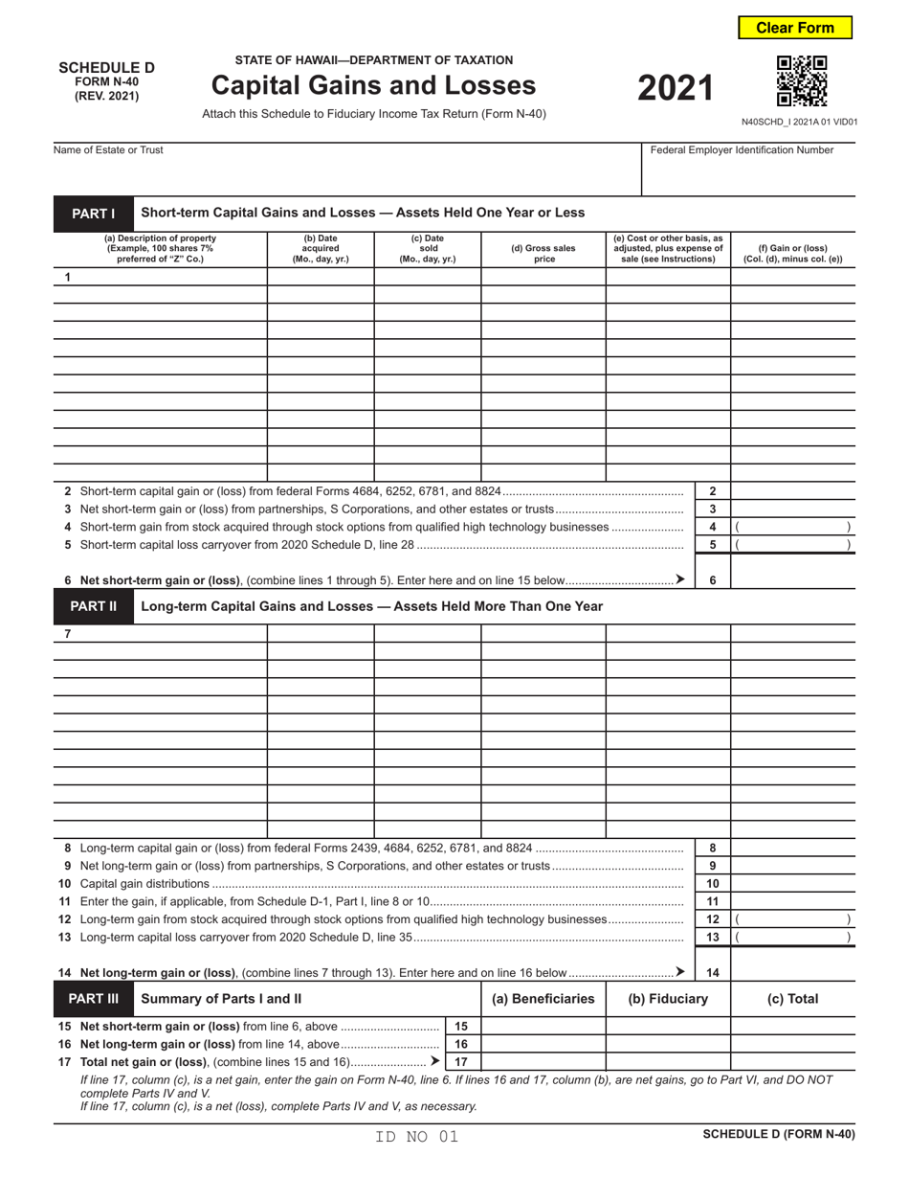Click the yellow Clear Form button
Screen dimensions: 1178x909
point(794,28)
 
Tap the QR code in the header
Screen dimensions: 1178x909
point(802,81)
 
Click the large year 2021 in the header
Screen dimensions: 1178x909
point(676,88)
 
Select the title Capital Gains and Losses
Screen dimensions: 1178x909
point(373,86)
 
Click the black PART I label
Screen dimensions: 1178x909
point(93,213)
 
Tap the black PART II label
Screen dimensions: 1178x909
point(93,606)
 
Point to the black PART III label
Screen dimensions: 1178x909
point(93,999)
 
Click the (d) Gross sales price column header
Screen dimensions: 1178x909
point(543,253)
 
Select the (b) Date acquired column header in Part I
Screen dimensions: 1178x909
point(321,249)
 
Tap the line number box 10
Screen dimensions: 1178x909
point(713,884)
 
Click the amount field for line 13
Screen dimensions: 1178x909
point(792,938)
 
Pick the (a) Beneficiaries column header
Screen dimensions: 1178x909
point(543,999)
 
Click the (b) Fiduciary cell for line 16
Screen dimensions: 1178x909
point(668,1044)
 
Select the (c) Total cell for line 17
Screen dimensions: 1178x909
point(792,1061)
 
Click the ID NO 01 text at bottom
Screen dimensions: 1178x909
point(417,1137)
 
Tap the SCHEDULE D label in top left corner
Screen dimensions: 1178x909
point(106,68)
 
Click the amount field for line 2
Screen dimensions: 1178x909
point(792,491)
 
